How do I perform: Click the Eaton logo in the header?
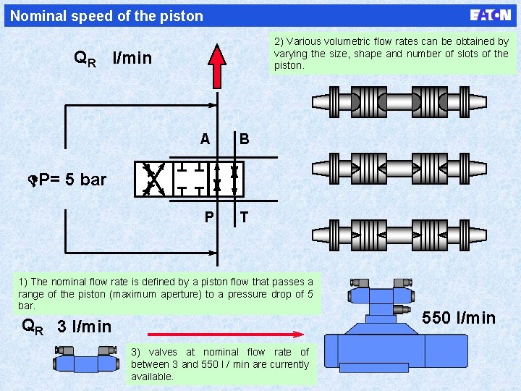point(490,15)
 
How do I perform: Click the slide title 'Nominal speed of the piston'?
point(107,16)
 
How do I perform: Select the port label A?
point(206,138)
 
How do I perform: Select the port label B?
point(244,138)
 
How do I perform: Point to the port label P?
point(208,216)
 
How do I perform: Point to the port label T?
point(244,216)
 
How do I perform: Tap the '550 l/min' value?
point(459,318)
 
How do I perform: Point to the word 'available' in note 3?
point(152,377)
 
